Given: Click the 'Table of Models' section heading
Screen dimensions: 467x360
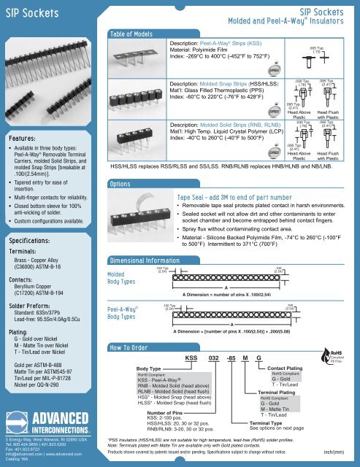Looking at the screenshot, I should pos(131,34).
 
